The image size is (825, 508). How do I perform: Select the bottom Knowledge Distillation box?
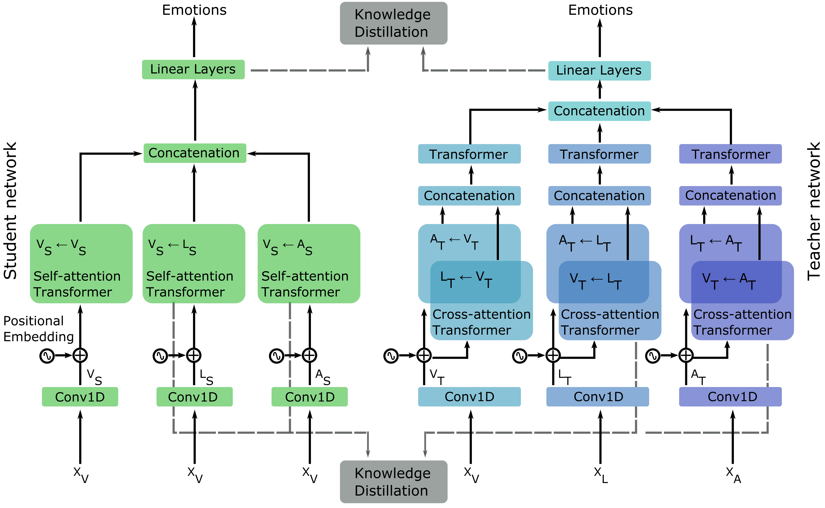tap(393, 481)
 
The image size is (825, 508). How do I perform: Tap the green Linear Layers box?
tap(193, 70)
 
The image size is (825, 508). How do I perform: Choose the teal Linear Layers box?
tap(599, 70)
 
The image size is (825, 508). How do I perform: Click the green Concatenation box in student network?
tap(195, 153)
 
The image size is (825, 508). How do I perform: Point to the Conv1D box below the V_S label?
tap(80, 397)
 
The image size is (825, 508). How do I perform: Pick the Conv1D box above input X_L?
tap(597, 397)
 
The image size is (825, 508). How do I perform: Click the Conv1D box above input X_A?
tap(730, 397)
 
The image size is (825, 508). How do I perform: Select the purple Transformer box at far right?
tap(730, 154)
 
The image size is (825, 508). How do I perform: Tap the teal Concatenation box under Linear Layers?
tap(599, 111)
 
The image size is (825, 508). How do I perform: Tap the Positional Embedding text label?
tap(38, 329)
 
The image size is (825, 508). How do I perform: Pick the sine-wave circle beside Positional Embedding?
tap(47, 356)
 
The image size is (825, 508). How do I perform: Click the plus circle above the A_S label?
tap(309, 355)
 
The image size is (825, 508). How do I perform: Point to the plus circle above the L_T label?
tap(553, 355)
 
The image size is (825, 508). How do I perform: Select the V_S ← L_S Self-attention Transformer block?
tap(194, 264)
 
